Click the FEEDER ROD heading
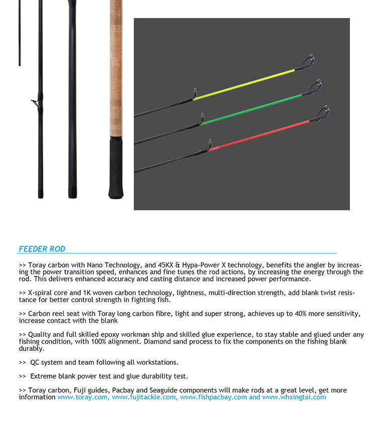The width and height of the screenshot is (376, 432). click(42, 249)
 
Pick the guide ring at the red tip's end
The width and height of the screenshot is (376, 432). click(324, 112)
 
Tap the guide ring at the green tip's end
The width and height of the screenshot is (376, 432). click(316, 87)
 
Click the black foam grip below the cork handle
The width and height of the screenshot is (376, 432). click(116, 169)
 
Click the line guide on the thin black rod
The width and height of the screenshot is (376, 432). click(35, 102)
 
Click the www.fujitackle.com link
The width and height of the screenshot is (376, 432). click(144, 397)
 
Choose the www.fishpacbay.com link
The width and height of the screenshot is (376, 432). click(213, 397)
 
